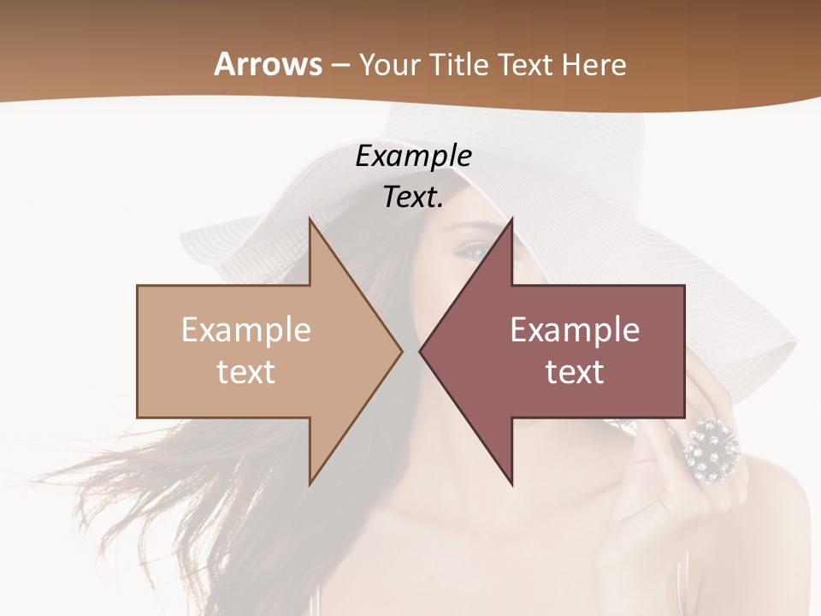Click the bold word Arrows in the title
(269, 64)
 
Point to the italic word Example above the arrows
(413, 156)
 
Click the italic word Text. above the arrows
(413, 197)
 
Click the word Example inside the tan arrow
(246, 329)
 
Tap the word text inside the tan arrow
(246, 371)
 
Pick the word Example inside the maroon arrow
(575, 329)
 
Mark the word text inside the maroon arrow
(575, 371)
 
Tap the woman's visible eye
(470, 250)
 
